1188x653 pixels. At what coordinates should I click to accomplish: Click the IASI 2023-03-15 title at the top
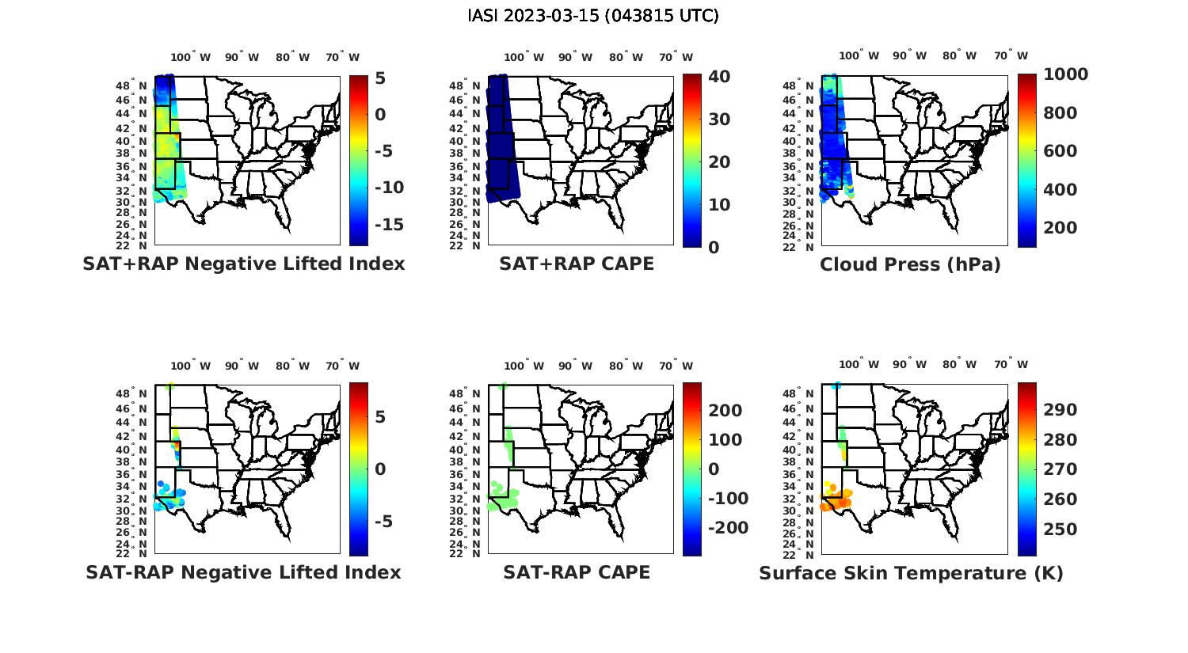[x=593, y=16]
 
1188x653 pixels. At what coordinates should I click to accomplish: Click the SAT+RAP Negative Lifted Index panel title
[x=244, y=264]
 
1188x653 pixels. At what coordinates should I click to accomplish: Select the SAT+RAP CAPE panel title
[x=577, y=264]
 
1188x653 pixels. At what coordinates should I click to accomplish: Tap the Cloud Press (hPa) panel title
[x=910, y=264]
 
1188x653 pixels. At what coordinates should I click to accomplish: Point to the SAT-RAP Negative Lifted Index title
[x=243, y=572]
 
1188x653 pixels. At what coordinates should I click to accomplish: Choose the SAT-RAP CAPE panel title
[x=577, y=572]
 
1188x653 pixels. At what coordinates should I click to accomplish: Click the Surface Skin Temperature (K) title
[x=911, y=573]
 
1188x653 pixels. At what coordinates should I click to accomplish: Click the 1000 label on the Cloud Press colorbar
[x=1065, y=74]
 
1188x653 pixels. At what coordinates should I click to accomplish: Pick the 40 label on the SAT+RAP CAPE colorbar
[x=719, y=77]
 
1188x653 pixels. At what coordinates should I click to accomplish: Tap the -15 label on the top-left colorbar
[x=388, y=225]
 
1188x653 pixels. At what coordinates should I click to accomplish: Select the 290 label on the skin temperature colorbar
[x=1060, y=409]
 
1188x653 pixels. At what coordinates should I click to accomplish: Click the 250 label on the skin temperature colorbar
[x=1060, y=529]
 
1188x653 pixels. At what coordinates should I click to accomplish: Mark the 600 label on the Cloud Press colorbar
[x=1060, y=151]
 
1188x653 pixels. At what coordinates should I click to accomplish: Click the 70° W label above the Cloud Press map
[x=1011, y=56]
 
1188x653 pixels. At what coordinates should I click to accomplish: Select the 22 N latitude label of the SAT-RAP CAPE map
[x=466, y=553]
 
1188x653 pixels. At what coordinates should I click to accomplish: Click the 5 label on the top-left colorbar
[x=380, y=78]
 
